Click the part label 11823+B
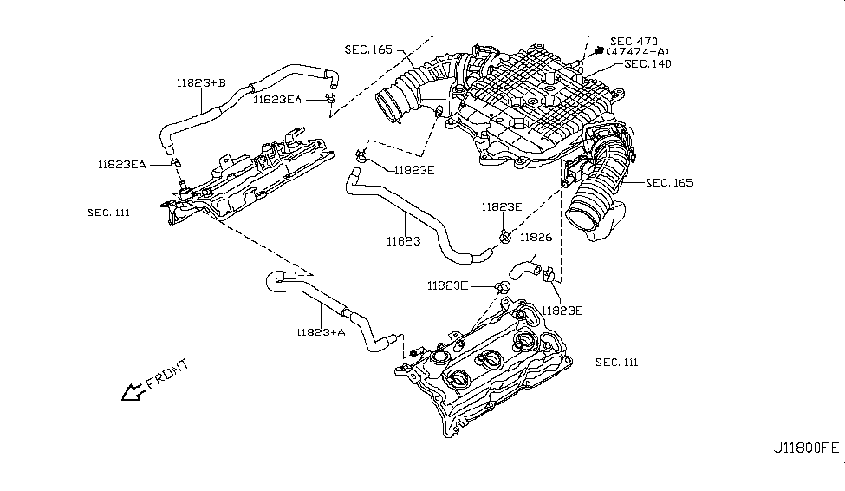pyautogui.click(x=200, y=83)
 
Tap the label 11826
pyautogui.click(x=536, y=237)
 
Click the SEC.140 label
pyautogui.click(x=647, y=64)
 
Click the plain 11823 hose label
pyautogui.click(x=403, y=241)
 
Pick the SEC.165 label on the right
pyautogui.click(x=669, y=183)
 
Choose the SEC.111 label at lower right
pyautogui.click(x=617, y=362)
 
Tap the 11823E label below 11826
pyautogui.click(x=562, y=310)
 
